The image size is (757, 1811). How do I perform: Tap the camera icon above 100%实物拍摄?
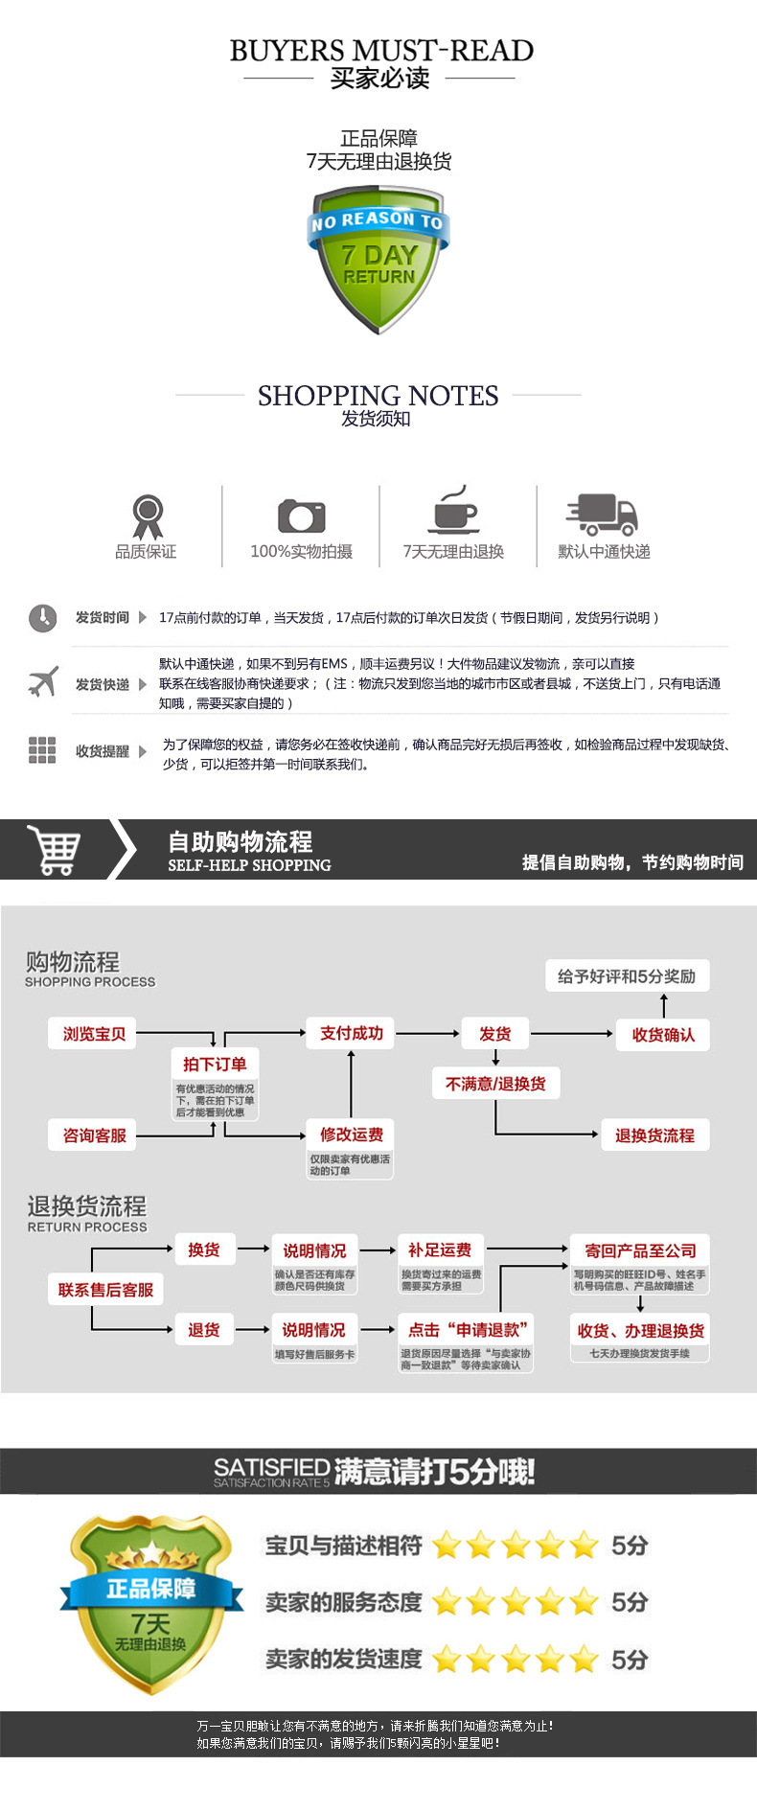point(302,516)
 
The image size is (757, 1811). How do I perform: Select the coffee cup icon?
point(454,511)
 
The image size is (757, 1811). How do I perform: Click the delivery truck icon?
point(602,515)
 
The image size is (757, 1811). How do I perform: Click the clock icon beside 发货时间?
point(43,618)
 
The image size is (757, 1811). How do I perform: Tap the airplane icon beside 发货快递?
point(43,683)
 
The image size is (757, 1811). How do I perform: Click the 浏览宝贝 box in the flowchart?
point(94,1034)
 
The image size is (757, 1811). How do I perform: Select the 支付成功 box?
point(351,1033)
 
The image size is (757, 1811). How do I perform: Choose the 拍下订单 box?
point(215,1064)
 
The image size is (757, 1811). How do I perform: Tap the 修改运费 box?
point(351,1135)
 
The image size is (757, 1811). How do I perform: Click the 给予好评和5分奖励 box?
point(627,976)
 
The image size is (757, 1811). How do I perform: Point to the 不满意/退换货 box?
point(495,1084)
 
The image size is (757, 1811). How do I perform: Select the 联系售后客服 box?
point(105,1290)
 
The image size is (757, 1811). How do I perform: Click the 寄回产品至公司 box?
point(640,1250)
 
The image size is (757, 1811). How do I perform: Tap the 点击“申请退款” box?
point(466,1330)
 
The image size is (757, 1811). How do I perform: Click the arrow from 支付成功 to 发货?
point(428,1033)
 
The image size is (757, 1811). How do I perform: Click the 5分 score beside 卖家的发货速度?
point(630,1659)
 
